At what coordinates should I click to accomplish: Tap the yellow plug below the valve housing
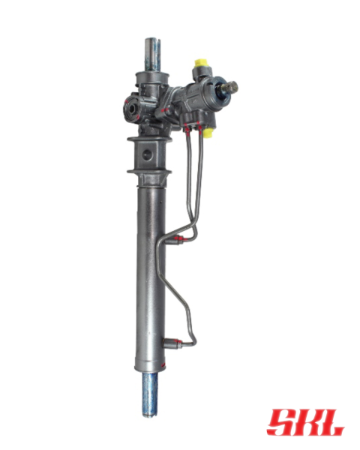[x=208, y=133]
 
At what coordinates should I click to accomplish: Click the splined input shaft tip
[x=232, y=86]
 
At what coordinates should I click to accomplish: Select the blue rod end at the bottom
[x=149, y=395]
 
